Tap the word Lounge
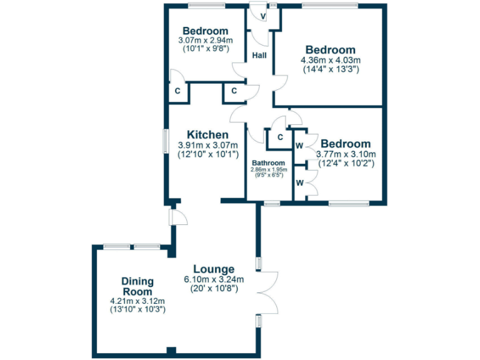[214, 269]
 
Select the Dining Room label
[137, 287]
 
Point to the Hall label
[259, 56]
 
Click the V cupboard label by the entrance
[263, 16]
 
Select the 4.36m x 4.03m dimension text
[331, 60]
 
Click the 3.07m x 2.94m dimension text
[204, 41]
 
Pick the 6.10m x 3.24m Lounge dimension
[214, 279]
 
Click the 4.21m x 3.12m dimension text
[137, 301]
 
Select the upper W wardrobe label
[299, 145]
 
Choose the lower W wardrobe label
[299, 183]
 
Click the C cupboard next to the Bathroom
[280, 137]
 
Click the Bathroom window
[271, 203]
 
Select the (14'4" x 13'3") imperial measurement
[331, 69]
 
